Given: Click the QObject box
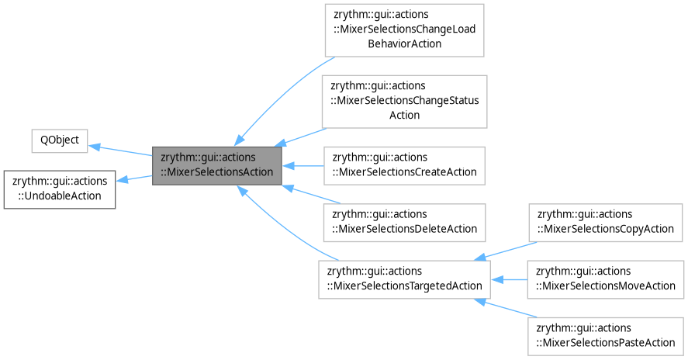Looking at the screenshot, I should click(59, 142).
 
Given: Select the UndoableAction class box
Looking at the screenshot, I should click(60, 188).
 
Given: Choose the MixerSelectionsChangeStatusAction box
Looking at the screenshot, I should click(404, 101).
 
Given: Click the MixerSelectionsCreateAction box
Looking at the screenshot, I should click(404, 164).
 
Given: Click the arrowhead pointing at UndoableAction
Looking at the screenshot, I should click(123, 181).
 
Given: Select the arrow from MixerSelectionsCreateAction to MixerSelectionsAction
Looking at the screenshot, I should click(303, 164).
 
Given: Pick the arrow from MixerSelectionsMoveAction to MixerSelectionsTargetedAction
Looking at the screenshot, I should click(509, 279).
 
